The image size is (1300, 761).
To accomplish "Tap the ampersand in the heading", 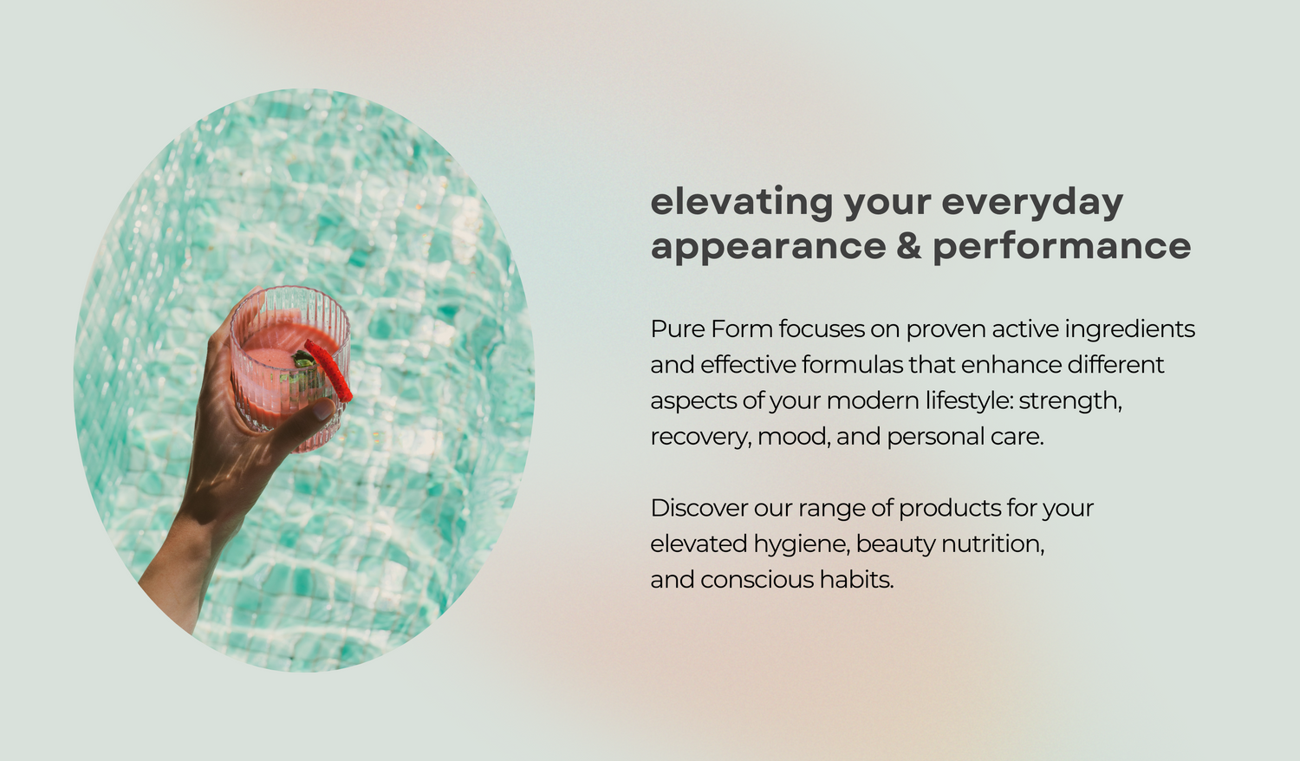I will click(909, 246).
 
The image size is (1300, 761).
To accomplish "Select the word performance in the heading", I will click(1062, 247).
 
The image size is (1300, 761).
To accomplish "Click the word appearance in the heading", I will click(768, 247).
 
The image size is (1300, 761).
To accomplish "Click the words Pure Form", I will click(711, 329).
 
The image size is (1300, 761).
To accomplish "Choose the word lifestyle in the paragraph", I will click(967, 401).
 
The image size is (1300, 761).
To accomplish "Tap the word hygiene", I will click(803, 544).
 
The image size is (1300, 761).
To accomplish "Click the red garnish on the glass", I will click(330, 369).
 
